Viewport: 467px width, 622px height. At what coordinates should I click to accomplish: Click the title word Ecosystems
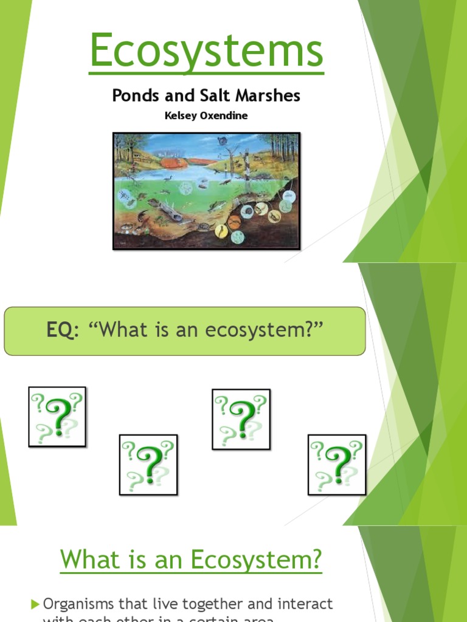point(206,52)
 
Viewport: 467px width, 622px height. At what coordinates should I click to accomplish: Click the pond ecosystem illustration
point(207,191)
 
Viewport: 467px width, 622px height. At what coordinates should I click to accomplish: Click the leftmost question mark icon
point(57,417)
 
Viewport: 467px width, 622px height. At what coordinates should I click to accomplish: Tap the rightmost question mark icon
point(337,465)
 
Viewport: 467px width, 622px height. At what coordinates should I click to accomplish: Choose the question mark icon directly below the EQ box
point(241,419)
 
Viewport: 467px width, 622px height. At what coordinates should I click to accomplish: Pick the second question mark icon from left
point(148,465)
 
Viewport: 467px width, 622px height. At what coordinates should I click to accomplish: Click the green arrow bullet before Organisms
point(35,604)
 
